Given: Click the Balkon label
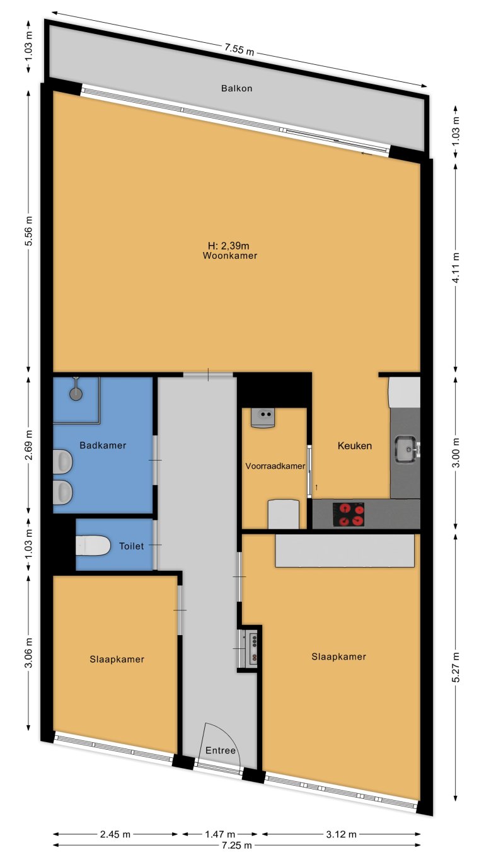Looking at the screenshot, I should point(236,88).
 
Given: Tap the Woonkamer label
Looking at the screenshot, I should point(229,256).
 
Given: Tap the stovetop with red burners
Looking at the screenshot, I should point(349,514).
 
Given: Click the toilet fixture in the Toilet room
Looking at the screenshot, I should point(93,546).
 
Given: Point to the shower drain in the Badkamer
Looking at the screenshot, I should point(76,394).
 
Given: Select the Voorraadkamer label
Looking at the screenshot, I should point(275,467).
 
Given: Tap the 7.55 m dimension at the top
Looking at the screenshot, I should point(239,51).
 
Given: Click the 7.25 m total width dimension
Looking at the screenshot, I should point(236,845).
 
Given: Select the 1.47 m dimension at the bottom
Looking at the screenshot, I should point(220,834).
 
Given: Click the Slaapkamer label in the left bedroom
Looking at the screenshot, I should point(117,660).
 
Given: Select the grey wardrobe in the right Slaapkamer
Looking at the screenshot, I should point(345,550).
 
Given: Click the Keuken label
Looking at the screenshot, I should point(355,445).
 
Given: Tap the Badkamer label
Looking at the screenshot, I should point(103,445).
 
